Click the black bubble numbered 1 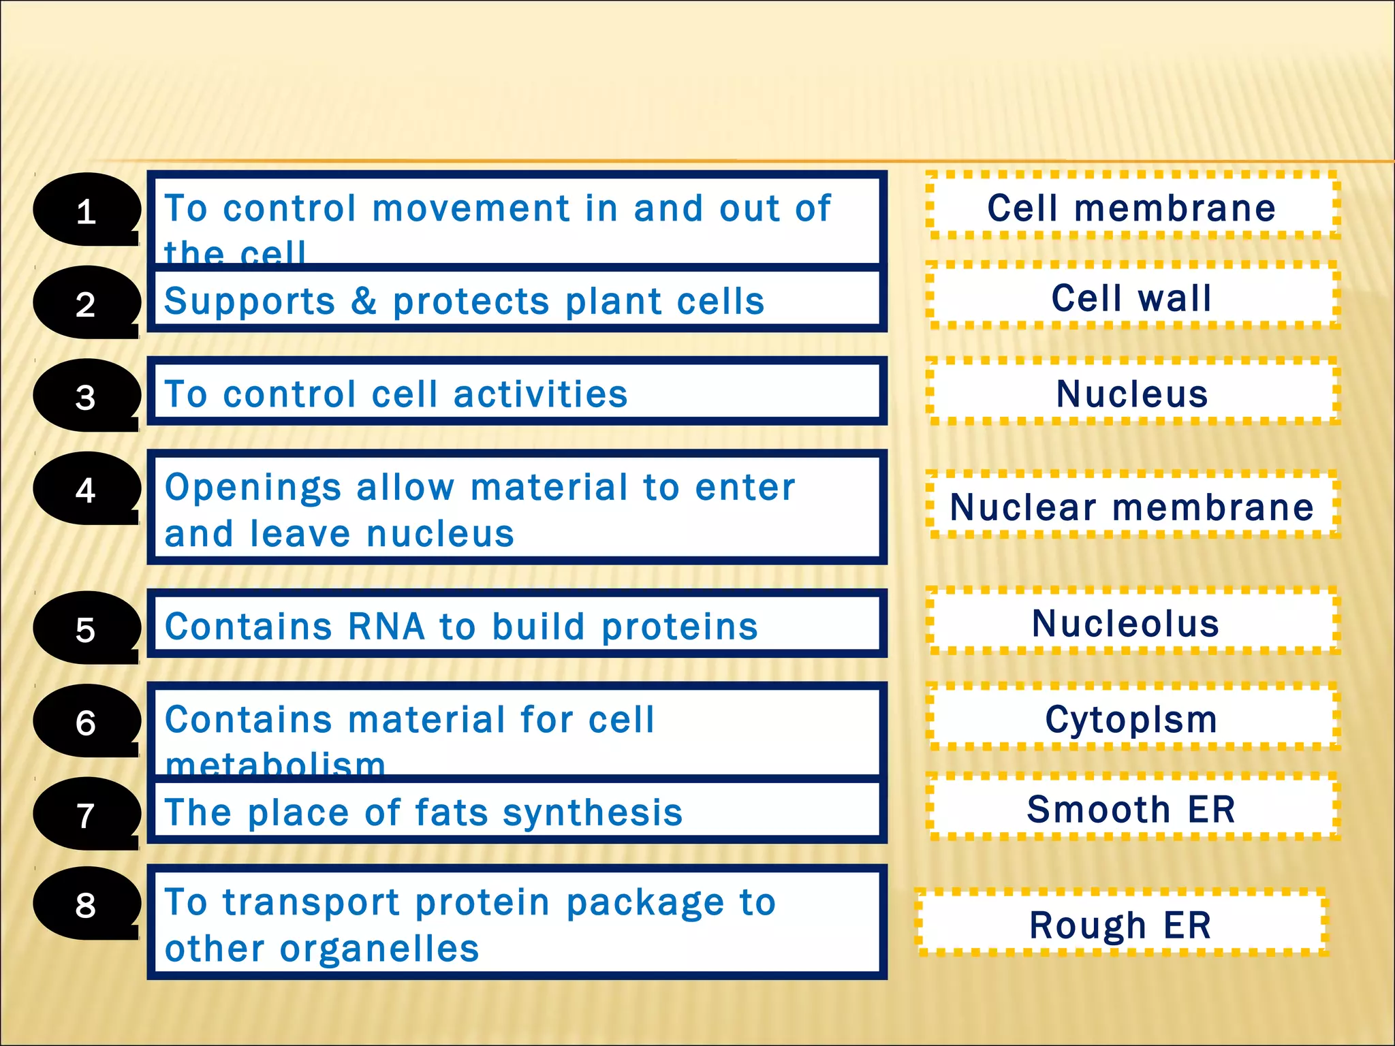(86, 210)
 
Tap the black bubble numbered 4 (86, 489)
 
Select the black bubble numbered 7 (86, 814)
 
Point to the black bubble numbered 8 (86, 904)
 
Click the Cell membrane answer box (1132, 207)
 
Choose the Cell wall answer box (1132, 298)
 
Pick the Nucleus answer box (1132, 393)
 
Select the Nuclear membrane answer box (1132, 507)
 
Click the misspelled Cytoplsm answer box (1131, 719)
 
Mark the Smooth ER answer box (1131, 809)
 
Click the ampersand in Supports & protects (364, 301)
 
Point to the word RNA (386, 626)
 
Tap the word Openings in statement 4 (253, 488)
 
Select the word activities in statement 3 (540, 394)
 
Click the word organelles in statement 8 (379, 948)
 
